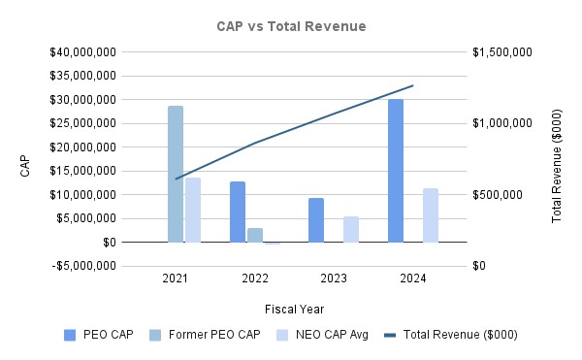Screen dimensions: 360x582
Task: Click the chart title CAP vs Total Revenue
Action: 291,25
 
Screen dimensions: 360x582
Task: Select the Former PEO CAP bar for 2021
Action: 176,174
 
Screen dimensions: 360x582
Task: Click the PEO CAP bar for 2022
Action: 238,212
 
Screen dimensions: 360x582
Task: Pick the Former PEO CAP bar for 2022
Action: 255,235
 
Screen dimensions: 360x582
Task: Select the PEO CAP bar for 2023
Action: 316,220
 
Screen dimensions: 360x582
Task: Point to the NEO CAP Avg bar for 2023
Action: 351,229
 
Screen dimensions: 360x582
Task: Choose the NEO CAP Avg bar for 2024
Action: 431,215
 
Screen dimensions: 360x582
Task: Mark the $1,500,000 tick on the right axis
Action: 502,51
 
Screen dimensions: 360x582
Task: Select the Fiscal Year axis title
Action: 294,309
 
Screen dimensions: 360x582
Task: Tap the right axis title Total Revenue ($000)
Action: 557,159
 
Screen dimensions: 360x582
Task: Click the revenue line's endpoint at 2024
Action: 413,85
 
